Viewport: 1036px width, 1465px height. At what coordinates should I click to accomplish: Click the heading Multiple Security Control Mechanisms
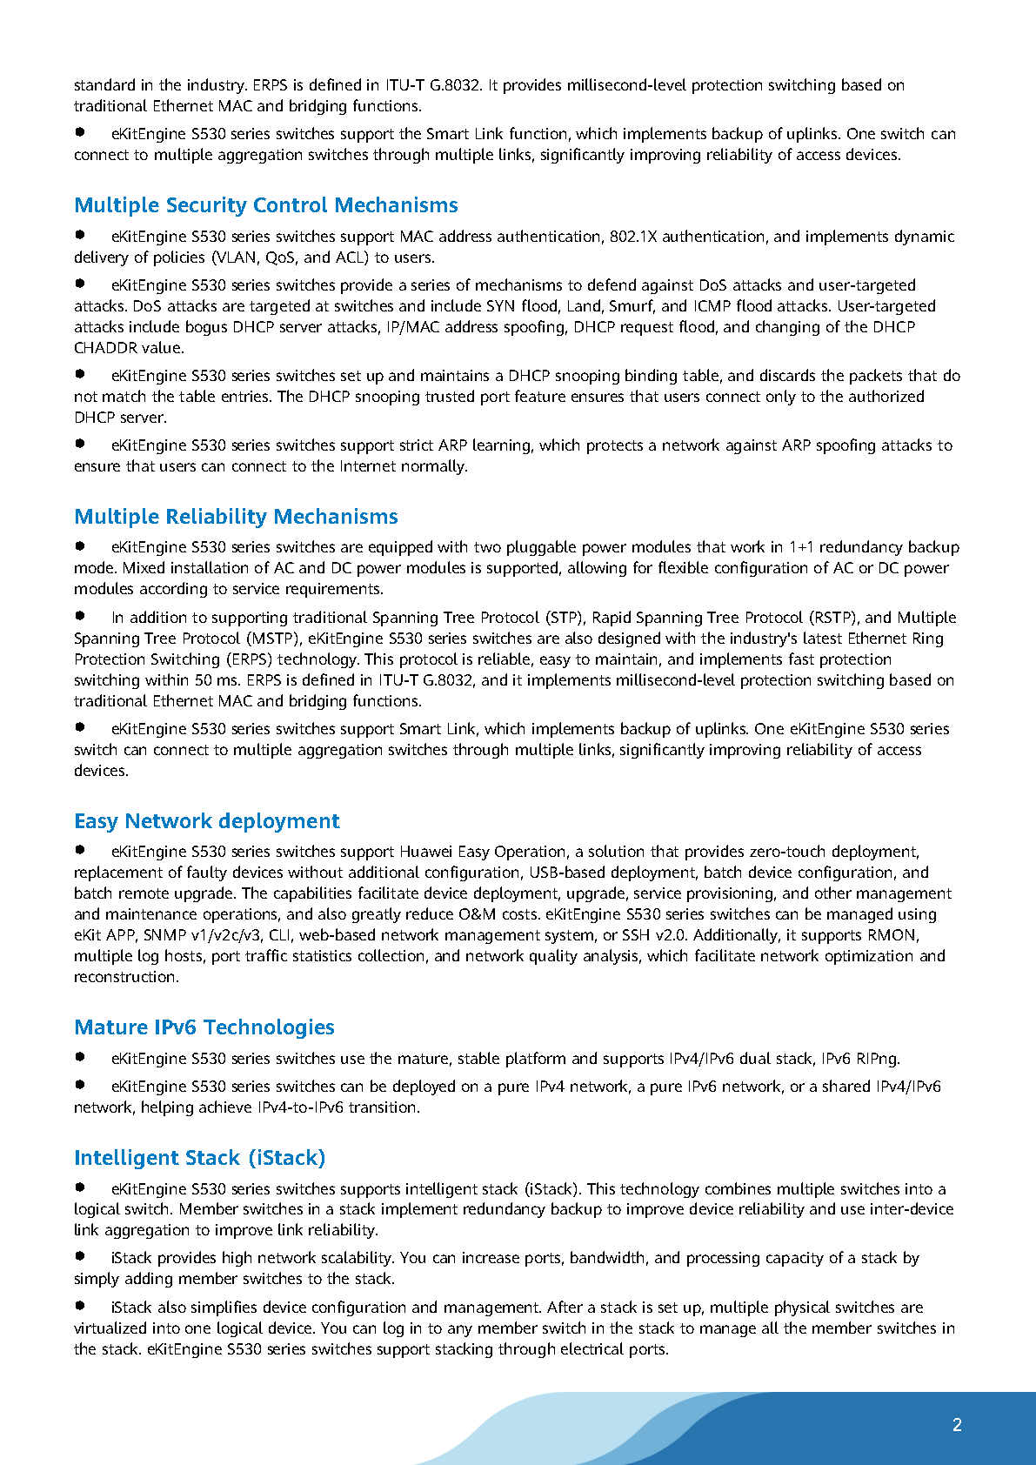pos(265,205)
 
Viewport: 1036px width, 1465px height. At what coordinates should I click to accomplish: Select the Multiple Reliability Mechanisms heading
pos(236,517)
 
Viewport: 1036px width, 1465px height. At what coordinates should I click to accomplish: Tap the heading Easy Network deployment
pos(206,821)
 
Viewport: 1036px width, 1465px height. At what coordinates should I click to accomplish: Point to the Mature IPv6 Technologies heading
pos(204,1027)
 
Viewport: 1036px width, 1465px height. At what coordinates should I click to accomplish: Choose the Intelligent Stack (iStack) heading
pos(199,1158)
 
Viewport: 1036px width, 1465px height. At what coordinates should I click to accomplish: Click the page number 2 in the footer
pos(957,1425)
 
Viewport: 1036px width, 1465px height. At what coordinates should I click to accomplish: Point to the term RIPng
pos(877,1059)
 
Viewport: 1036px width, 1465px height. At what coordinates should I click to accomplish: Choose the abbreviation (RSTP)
pos(832,618)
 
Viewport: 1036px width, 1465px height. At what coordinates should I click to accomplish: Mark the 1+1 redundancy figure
pos(801,547)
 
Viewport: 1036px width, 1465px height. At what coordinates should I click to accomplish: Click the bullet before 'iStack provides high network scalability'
pos(80,1256)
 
